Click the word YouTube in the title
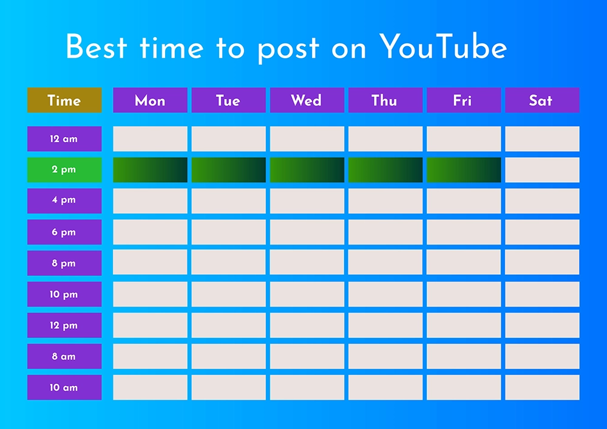[443, 47]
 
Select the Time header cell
[64, 100]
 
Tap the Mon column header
[150, 100]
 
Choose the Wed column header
[307, 100]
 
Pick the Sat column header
[542, 100]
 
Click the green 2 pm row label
[64, 170]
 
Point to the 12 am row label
[64, 139]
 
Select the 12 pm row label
[64, 325]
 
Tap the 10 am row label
[64, 387]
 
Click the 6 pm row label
[64, 232]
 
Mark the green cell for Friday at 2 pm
[464, 170]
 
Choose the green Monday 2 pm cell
[150, 170]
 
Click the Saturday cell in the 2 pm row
[542, 170]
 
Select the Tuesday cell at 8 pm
[228, 263]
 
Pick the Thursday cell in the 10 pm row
[385, 294]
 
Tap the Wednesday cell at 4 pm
[307, 201]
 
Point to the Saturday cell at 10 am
[542, 387]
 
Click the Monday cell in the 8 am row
[150, 356]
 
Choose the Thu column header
[385, 100]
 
